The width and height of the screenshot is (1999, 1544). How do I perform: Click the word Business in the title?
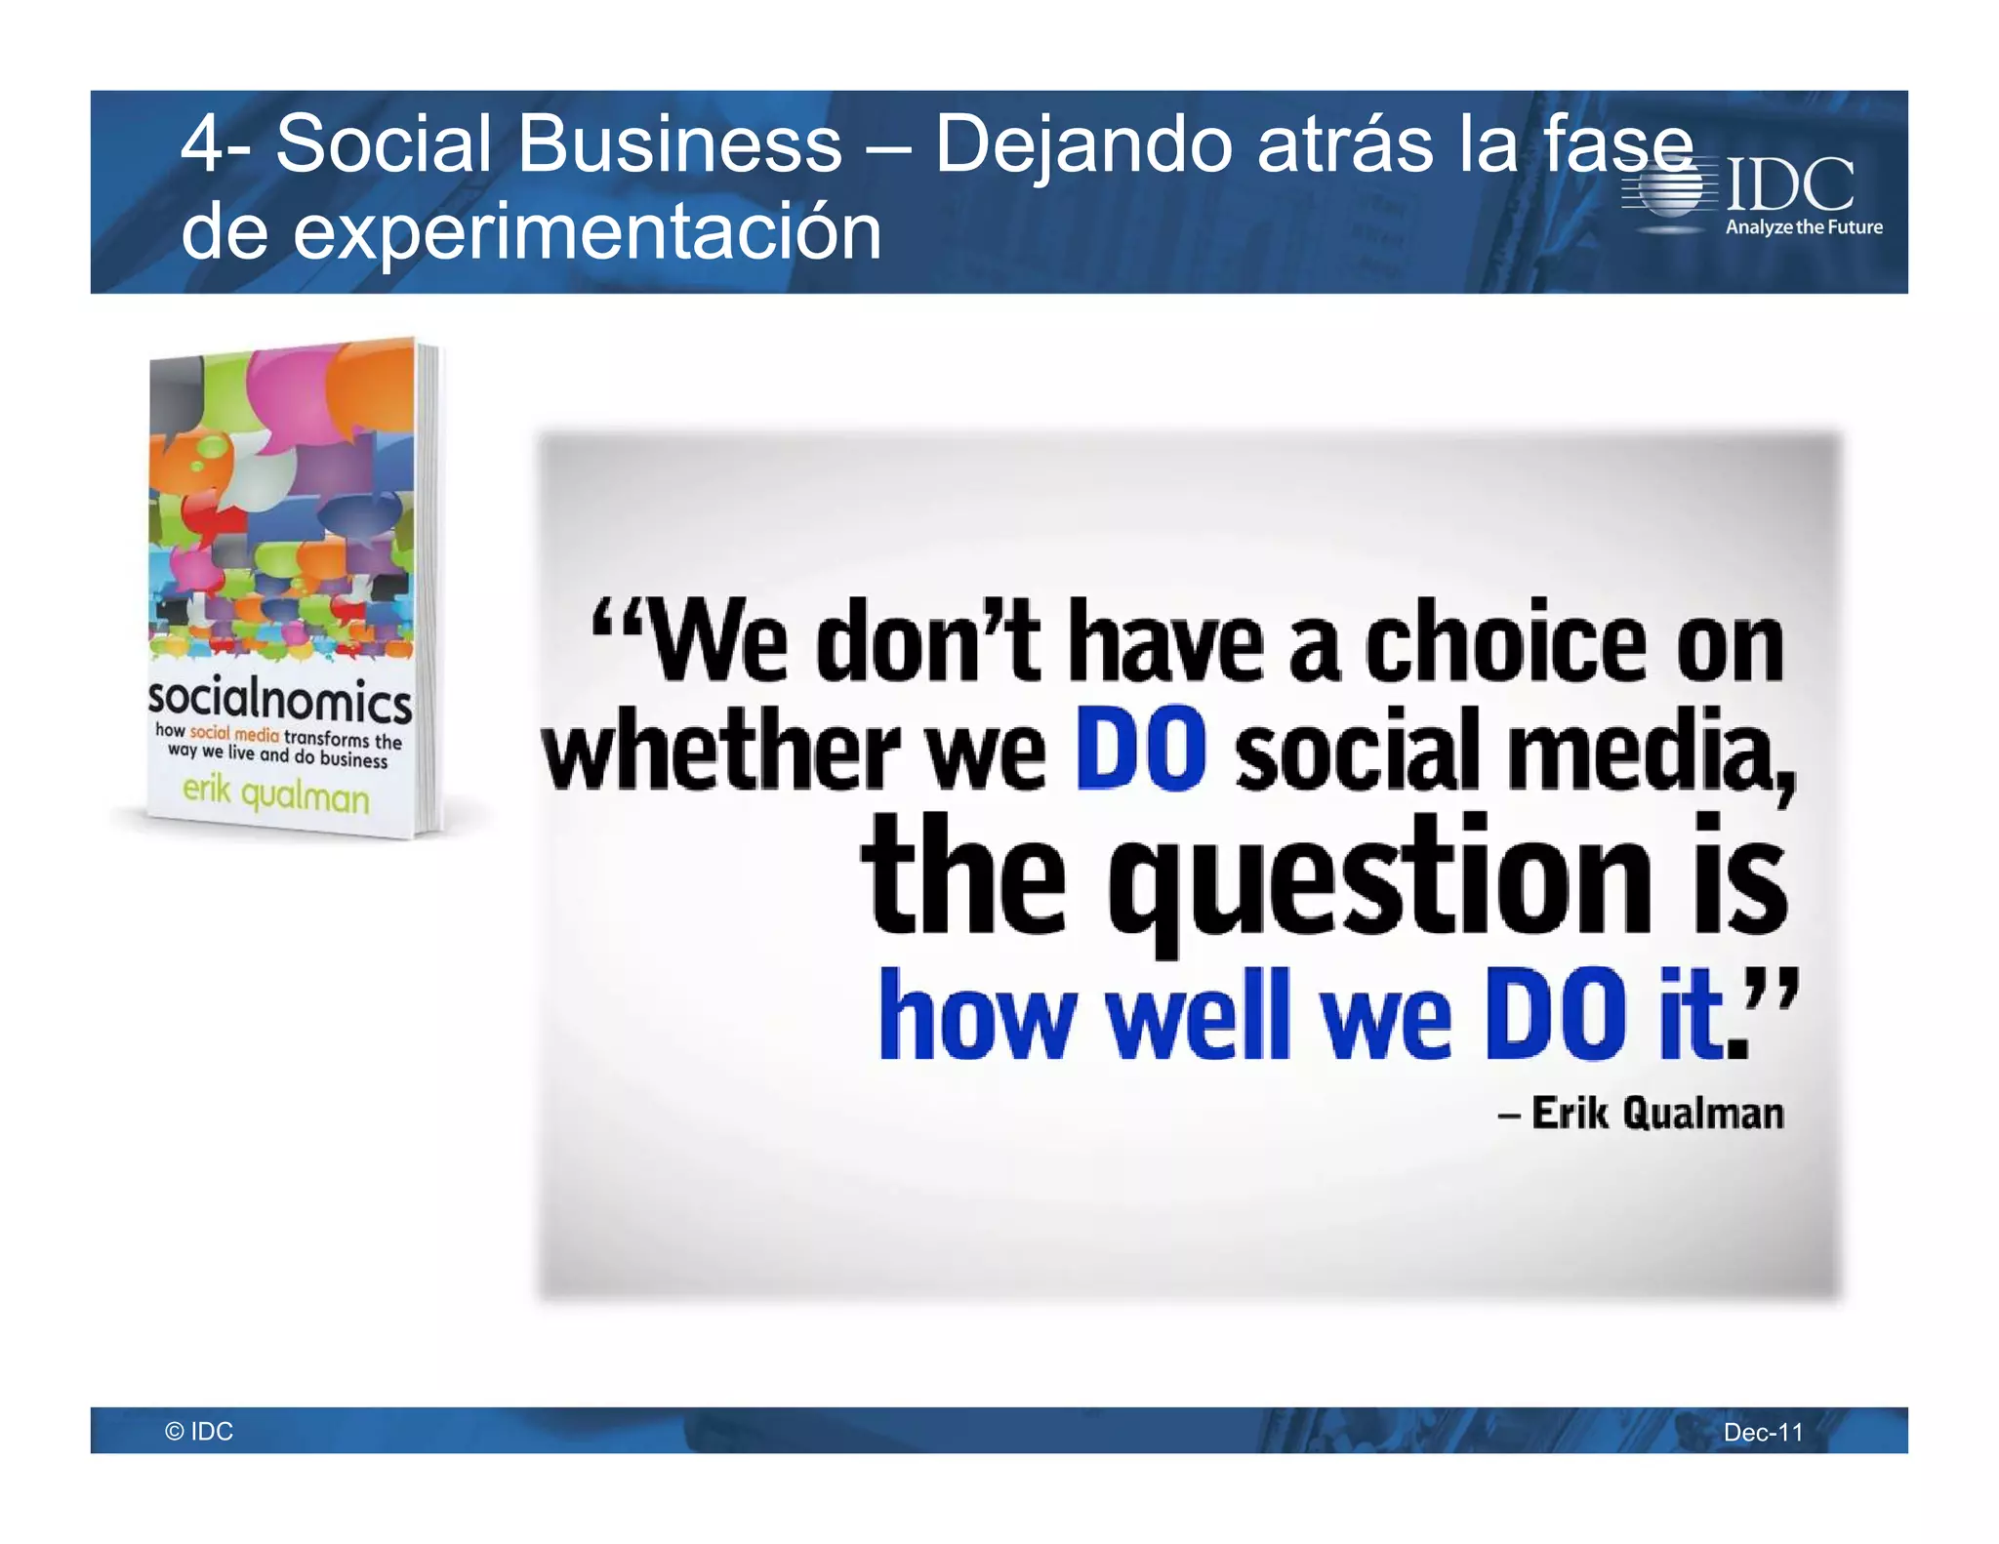(678, 144)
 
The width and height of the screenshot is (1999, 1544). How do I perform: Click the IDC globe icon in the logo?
(1670, 189)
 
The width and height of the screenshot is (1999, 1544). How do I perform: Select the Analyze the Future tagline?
(1803, 227)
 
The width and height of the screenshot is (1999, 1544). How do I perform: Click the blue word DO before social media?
(1140, 750)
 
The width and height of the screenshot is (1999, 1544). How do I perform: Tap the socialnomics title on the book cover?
(279, 699)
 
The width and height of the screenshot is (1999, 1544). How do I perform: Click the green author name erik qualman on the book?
(276, 792)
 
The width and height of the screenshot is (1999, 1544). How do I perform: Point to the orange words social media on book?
(234, 733)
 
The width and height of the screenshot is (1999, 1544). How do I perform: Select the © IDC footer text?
(199, 1431)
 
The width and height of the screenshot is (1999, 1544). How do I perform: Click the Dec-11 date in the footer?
(1763, 1432)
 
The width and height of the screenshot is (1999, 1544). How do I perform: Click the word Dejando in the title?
(1083, 144)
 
